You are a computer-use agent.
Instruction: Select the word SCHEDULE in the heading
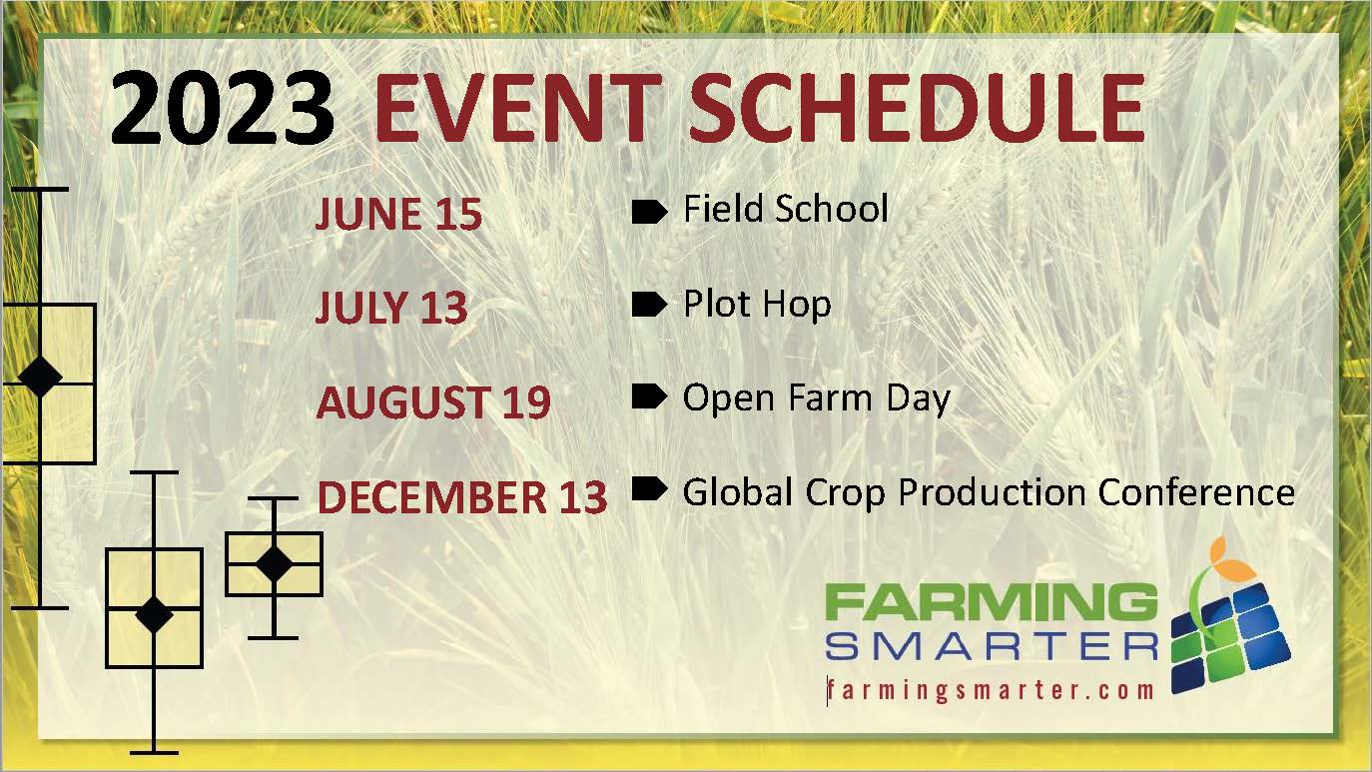point(917,108)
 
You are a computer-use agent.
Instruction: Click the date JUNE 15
point(398,214)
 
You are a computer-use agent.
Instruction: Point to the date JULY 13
point(391,307)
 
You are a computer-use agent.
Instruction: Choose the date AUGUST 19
point(433,401)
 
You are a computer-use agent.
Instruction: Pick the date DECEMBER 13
point(462,496)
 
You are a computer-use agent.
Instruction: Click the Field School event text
point(785,209)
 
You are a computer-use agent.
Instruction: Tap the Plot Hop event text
point(757,305)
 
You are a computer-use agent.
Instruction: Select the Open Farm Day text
point(817,398)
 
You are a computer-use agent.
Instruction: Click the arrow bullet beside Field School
point(649,212)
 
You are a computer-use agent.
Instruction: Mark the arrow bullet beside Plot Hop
point(649,305)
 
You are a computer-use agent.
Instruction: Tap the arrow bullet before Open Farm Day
point(649,397)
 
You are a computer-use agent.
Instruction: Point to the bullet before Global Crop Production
point(649,489)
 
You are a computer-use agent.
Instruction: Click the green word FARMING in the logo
point(992,601)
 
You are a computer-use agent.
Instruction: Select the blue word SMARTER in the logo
point(992,647)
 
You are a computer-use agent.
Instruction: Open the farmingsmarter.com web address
point(991,690)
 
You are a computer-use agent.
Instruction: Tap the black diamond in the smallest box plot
point(274,563)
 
